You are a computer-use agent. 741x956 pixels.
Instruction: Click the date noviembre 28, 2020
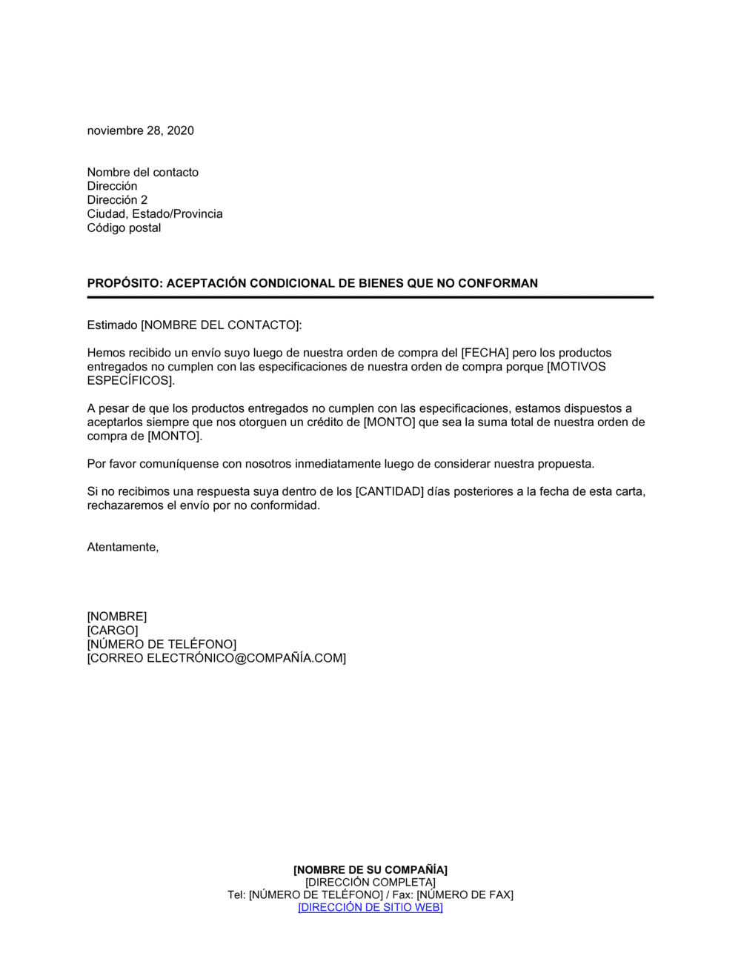pos(141,130)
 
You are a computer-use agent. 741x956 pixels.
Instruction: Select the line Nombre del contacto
pos(143,172)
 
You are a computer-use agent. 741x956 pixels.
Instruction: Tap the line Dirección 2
pos(117,200)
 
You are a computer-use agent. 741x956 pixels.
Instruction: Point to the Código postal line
pos(124,228)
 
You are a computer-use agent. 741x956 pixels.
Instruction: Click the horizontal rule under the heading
pos(370,297)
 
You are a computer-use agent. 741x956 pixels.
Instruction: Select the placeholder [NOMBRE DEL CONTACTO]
pos(221,325)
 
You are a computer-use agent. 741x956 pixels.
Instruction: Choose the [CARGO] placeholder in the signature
pos(113,631)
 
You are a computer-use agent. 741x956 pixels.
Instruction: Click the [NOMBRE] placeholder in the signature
pos(117,617)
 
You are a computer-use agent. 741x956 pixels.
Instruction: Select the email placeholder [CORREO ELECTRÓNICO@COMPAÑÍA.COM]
pos(216,658)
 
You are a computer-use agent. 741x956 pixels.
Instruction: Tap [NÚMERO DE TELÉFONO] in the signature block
pos(162,644)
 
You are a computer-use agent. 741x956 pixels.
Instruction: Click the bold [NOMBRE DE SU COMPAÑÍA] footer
pos(370,869)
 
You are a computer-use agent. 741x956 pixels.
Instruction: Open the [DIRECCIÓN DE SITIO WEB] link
pos(370,907)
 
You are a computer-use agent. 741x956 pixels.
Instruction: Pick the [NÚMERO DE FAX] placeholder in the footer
pos(465,894)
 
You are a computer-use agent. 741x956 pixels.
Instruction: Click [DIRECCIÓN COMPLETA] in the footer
pos(370,882)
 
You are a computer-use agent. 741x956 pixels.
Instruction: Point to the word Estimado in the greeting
pos(113,325)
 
